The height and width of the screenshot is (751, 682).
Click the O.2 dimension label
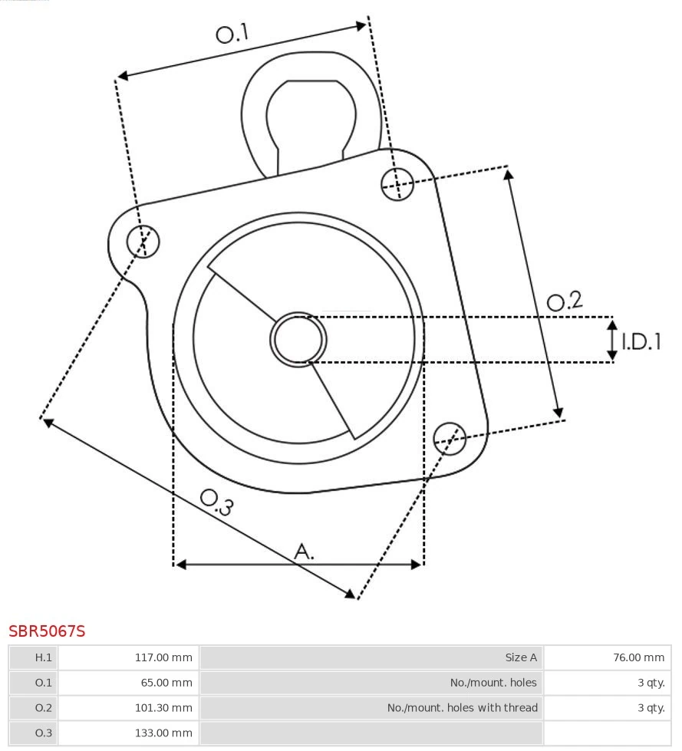click(x=565, y=301)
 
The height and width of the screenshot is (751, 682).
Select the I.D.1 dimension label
click(x=641, y=341)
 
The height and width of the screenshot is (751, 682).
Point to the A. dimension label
click(x=305, y=551)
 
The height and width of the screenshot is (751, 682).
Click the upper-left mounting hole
click(x=143, y=242)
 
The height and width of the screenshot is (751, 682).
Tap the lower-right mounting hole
click(x=450, y=437)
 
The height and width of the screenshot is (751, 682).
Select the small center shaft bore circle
click(x=298, y=339)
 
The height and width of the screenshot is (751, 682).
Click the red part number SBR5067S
click(x=47, y=631)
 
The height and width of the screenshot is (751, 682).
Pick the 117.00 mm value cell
click(x=128, y=657)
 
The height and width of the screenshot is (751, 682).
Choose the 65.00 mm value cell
click(x=128, y=683)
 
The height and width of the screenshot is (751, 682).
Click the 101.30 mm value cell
click(x=128, y=708)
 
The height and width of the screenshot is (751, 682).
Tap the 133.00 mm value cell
click(x=128, y=733)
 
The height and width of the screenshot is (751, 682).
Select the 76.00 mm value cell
click(x=607, y=657)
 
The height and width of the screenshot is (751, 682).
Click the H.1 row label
click(x=34, y=657)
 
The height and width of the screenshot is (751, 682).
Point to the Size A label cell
click(x=371, y=657)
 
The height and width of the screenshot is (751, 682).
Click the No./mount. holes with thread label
click(x=371, y=708)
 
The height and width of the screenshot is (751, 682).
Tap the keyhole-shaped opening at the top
click(x=311, y=115)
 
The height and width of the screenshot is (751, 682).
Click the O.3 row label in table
click(x=34, y=733)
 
